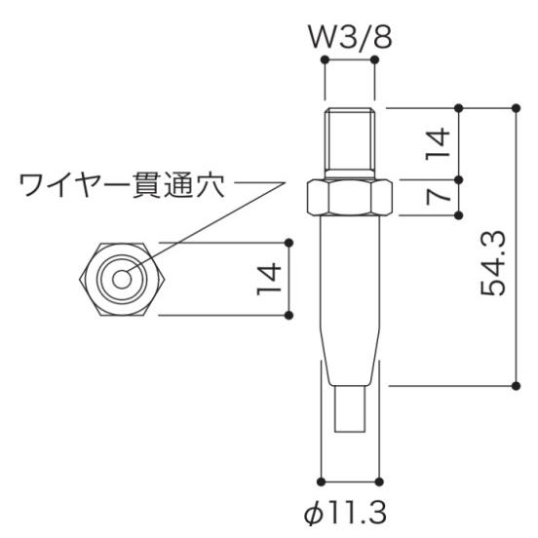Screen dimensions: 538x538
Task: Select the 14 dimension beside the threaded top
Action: point(440,143)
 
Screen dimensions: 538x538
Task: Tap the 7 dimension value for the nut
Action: point(440,197)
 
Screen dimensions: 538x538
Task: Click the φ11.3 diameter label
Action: point(349,512)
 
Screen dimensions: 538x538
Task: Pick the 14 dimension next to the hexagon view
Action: point(270,278)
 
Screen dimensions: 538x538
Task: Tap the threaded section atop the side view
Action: point(350,141)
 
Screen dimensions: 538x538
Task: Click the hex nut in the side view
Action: point(350,198)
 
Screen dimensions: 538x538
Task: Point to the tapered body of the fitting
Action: point(350,292)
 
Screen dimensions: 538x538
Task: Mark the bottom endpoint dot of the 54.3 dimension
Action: point(517,386)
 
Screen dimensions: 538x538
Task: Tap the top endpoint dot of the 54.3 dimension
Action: point(517,106)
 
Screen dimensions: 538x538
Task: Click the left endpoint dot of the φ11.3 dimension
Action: point(322,480)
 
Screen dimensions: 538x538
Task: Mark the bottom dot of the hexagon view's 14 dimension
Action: point(290,314)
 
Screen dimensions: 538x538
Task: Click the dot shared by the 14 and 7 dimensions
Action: point(460,179)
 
